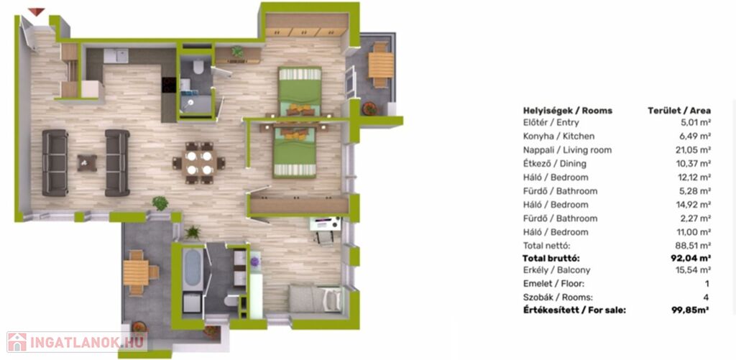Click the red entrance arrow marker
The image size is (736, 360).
pos(36,11)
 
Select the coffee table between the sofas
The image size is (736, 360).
pos(87,162)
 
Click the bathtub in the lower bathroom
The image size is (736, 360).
pos(193,269)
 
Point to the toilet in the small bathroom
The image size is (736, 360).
pos(198,67)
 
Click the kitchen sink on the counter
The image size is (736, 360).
pos(116,56)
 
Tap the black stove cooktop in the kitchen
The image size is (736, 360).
pos(168,85)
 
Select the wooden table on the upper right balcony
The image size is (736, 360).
pos(381,65)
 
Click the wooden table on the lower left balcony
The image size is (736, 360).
pos(136,273)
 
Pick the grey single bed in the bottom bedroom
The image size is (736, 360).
pos(315,298)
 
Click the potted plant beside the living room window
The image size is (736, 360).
pos(160,203)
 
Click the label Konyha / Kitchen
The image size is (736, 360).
pos(558,137)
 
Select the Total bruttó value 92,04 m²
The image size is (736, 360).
pos(690,258)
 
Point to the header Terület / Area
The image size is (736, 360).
pos(679,111)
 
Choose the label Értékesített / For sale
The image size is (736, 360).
pos(574,310)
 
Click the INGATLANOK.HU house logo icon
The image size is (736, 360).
pos(17,342)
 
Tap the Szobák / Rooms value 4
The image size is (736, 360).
pos(707,297)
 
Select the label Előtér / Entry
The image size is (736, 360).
pos(551,122)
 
